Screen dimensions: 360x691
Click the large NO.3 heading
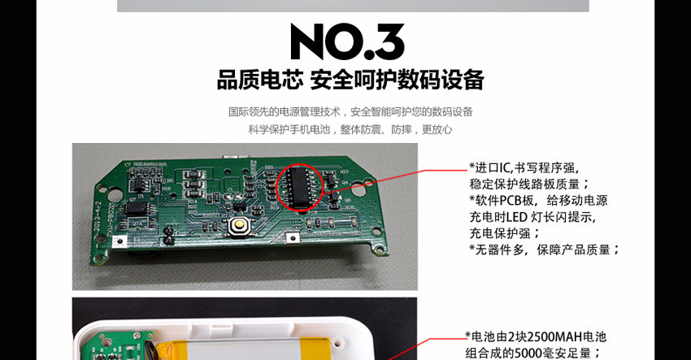(346, 42)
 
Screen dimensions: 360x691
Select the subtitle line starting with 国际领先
(350, 112)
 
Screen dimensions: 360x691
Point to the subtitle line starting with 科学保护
(350, 129)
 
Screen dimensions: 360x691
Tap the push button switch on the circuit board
(239, 226)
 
